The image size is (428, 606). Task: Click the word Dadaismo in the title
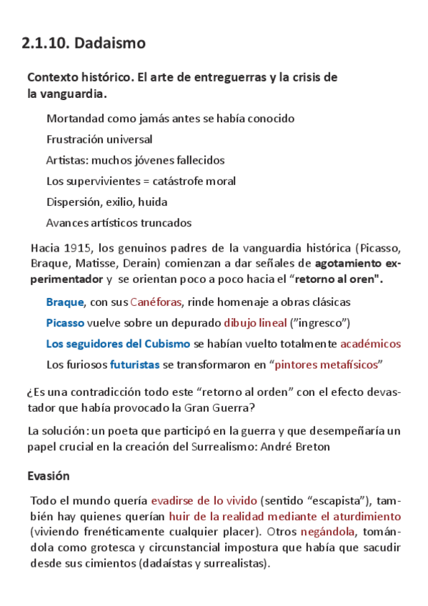click(110, 44)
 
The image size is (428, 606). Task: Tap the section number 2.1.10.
click(45, 44)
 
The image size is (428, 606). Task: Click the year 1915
click(77, 249)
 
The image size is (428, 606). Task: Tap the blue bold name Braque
click(65, 302)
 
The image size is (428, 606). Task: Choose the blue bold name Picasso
click(65, 323)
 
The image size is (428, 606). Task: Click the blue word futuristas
click(134, 364)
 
